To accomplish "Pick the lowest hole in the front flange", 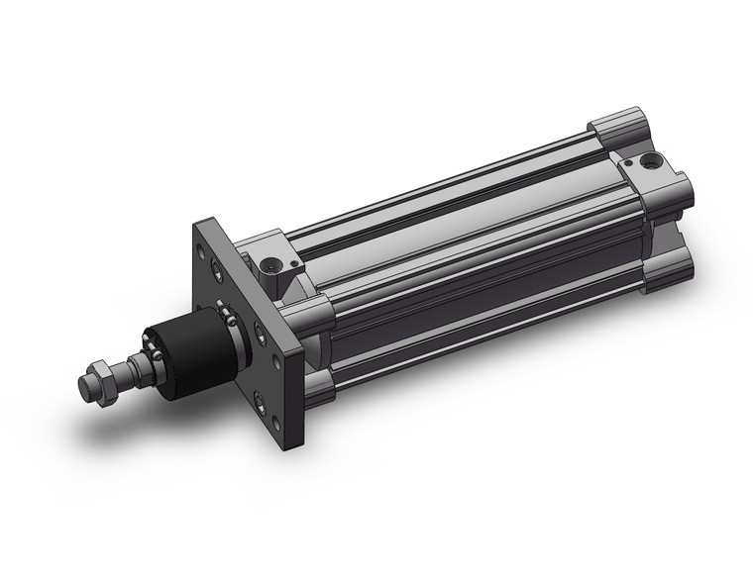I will click(x=260, y=399).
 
